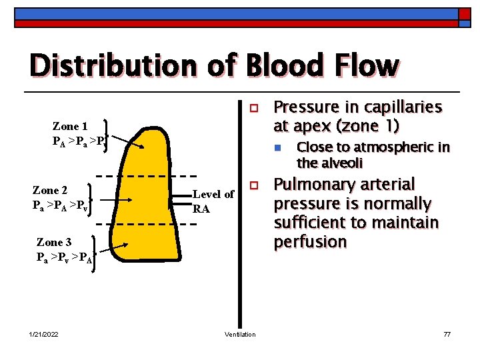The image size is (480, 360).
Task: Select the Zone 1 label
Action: pos(70,126)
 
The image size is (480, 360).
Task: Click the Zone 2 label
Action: pos(51,191)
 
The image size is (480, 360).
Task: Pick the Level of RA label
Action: pos(213,201)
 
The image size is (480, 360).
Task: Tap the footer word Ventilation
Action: pos(240,334)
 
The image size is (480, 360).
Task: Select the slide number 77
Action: pos(447,334)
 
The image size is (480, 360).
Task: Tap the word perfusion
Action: pos(311,241)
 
